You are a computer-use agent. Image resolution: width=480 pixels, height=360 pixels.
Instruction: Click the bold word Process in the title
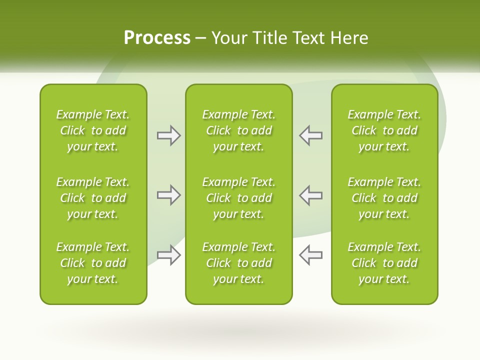point(157,38)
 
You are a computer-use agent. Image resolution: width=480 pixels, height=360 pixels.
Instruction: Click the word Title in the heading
point(270,38)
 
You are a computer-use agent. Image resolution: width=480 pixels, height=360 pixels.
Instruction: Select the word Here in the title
point(349,38)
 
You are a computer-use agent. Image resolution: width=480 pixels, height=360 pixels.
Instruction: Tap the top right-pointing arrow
point(168,135)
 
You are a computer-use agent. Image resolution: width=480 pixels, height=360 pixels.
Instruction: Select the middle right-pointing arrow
point(168,195)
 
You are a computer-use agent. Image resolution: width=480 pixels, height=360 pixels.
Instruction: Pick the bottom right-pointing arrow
point(168,254)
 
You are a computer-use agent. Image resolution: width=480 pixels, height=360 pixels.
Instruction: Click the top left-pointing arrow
point(310,135)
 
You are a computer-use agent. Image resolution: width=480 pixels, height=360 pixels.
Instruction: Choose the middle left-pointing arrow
point(310,195)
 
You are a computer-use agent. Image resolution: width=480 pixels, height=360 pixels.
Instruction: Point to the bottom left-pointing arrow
point(310,254)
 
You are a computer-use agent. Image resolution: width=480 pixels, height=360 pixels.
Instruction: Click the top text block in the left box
point(93,130)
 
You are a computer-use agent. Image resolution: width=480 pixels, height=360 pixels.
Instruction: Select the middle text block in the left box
point(93,198)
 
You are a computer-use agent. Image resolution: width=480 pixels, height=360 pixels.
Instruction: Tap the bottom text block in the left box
point(93,263)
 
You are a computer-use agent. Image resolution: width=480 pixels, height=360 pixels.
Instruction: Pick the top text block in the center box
point(238,130)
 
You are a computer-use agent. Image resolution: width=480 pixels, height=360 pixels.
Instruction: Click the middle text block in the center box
point(238,198)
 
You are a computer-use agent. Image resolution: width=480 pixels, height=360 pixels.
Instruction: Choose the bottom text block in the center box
point(238,263)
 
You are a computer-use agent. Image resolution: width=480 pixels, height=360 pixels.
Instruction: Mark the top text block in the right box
point(384,130)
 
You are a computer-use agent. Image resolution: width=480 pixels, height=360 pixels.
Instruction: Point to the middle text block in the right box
point(384,198)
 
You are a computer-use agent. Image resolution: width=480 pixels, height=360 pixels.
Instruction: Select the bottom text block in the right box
point(384,263)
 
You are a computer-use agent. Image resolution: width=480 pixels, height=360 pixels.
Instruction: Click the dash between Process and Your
point(201,38)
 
